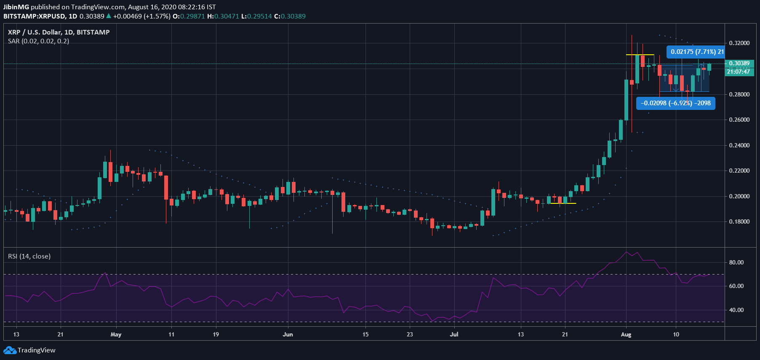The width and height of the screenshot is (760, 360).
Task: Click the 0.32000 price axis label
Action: (739, 43)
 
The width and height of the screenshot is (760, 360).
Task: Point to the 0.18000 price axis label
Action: (739, 221)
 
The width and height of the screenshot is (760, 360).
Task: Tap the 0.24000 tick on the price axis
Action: (739, 145)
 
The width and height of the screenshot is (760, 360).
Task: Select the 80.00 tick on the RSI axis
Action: (736, 262)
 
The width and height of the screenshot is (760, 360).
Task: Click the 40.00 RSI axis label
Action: (736, 310)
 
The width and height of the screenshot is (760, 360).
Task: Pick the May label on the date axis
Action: (116, 334)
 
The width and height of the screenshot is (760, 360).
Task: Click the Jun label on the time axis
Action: (288, 334)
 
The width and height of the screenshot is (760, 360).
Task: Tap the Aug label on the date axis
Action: (626, 334)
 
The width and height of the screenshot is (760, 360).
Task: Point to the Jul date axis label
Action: (454, 334)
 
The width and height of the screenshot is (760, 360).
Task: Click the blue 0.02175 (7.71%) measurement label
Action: (696, 52)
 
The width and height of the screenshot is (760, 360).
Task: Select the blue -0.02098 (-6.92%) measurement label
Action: (675, 103)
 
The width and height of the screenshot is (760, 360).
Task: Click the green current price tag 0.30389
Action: (739, 63)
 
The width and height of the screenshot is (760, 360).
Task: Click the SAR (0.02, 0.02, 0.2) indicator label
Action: (38, 41)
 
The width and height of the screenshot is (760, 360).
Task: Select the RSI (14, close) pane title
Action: (29, 256)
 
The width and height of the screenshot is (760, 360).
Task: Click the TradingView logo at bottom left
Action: (29, 350)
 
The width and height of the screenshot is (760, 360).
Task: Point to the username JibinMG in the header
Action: (16, 7)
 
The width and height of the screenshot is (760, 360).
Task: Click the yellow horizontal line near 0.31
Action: (640, 55)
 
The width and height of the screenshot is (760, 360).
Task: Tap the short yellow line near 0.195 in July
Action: (563, 203)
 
